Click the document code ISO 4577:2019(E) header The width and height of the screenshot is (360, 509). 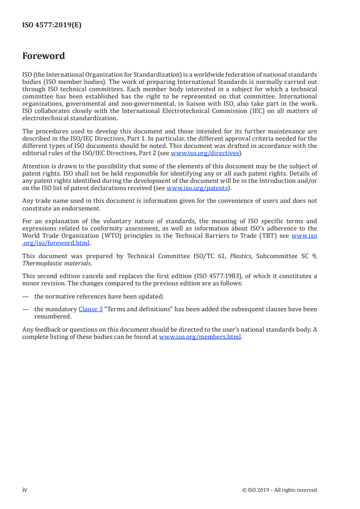(52, 25)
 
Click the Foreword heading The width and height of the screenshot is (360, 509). (44, 56)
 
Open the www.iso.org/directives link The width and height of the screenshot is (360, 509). (204, 153)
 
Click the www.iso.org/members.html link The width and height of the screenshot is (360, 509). (200, 337)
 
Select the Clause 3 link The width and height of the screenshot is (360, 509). (91, 309)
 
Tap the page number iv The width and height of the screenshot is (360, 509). (25, 490)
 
